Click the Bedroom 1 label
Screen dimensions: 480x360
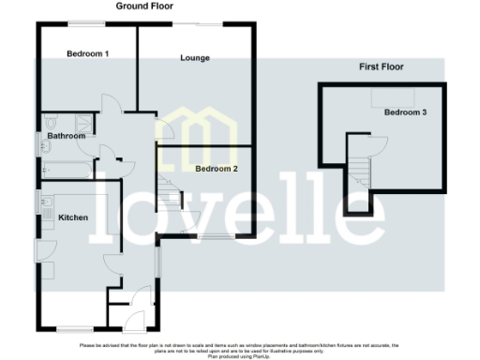coord(88,53)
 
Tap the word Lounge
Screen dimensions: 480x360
coord(195,58)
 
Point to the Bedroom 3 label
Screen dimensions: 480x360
coord(406,112)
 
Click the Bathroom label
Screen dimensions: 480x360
coord(67,136)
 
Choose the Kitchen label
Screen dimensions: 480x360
coord(73,217)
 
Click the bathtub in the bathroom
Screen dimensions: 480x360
coord(66,170)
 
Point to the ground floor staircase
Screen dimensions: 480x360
coord(169,198)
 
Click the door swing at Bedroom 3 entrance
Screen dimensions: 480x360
coord(374,142)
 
